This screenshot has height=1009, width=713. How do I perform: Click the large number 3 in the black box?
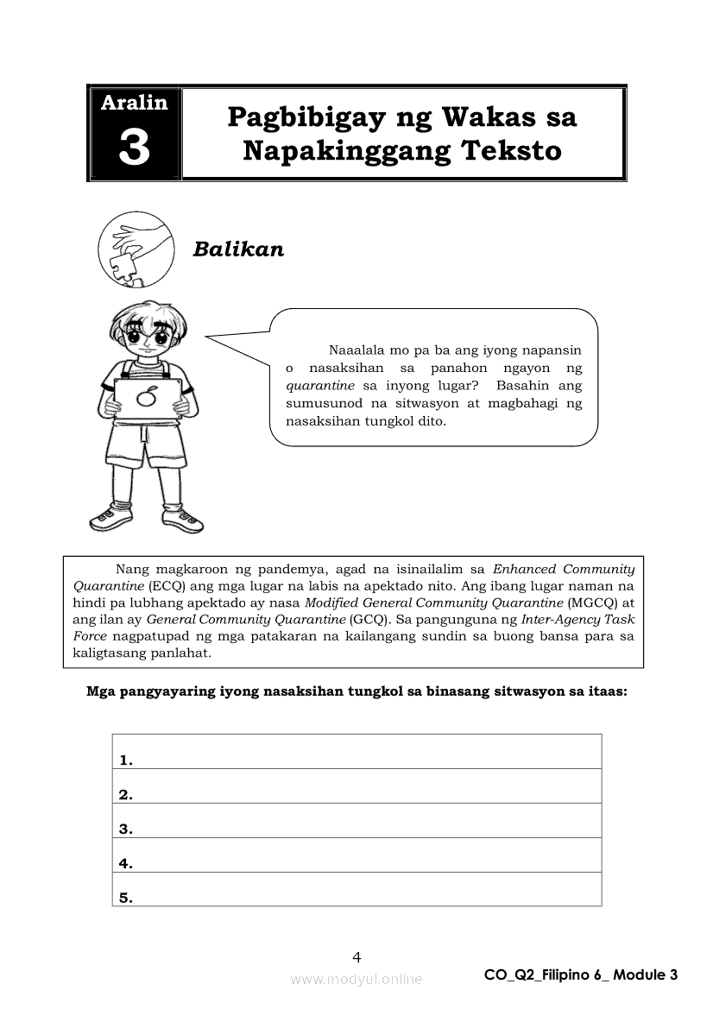coord(134,148)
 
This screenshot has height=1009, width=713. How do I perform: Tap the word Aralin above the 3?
coord(134,104)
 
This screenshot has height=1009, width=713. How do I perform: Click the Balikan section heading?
coord(238,249)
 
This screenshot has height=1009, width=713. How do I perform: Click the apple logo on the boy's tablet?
coord(148,398)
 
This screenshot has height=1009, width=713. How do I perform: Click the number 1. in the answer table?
coord(125,760)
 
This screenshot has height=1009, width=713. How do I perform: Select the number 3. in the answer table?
coord(125,829)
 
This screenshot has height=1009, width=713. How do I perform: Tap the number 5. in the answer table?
coord(125,898)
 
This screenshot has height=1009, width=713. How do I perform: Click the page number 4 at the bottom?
coord(356,956)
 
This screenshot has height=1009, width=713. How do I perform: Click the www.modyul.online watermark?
coord(356,979)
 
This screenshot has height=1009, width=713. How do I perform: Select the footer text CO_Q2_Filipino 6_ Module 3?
coord(581,974)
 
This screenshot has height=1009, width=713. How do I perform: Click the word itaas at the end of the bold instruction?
coord(606,691)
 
